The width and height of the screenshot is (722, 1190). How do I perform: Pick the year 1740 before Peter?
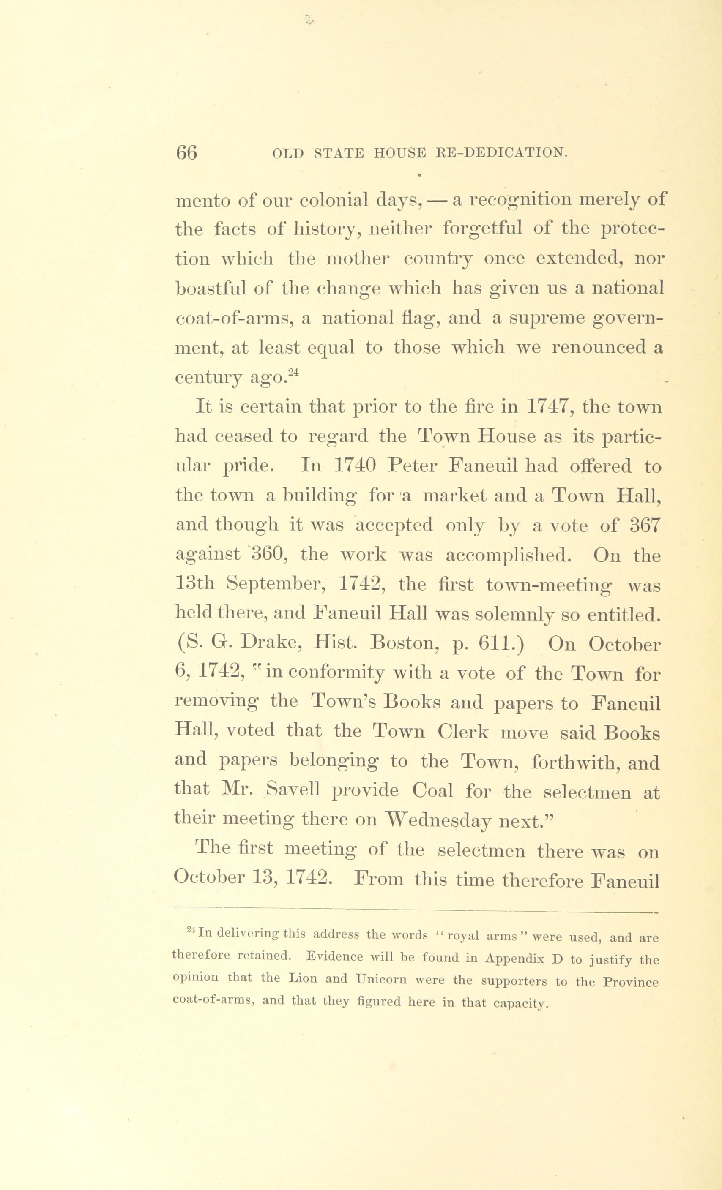click(x=355, y=466)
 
